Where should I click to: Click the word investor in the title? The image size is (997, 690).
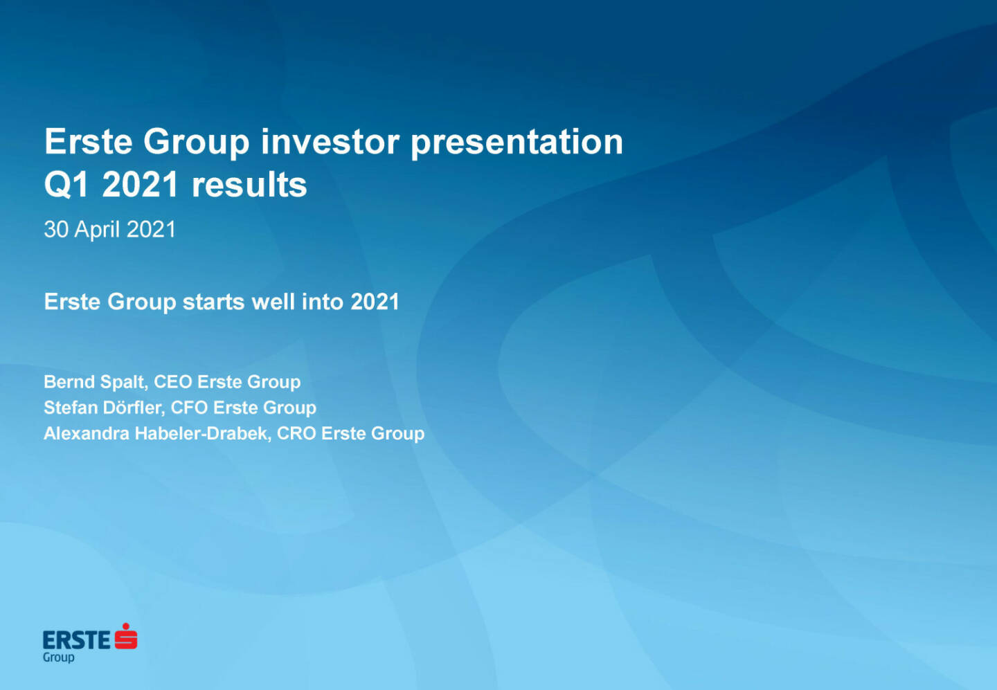(330, 142)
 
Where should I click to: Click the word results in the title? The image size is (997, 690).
(249, 185)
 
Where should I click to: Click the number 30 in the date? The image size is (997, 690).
(56, 230)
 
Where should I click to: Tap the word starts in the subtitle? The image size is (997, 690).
(214, 302)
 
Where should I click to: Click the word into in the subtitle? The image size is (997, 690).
(322, 302)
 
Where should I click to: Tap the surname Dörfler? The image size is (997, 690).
(134, 408)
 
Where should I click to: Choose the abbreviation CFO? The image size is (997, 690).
(189, 408)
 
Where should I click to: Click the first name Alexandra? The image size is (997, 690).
(87, 434)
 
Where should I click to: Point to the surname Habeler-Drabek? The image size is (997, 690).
(202, 434)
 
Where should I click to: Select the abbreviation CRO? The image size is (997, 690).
(296, 434)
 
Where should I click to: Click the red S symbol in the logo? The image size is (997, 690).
(126, 636)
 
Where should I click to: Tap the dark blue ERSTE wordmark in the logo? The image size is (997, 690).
(76, 641)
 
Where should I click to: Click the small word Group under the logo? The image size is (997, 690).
(58, 658)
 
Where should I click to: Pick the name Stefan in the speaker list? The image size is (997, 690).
(71, 408)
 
